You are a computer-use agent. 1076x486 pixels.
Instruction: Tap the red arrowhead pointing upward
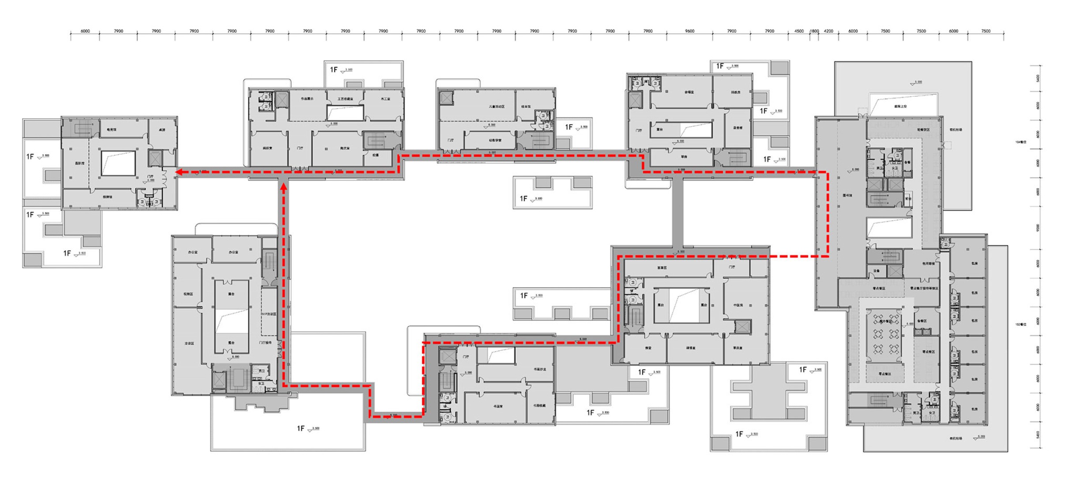tap(284, 187)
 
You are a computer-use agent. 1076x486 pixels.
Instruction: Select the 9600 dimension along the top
tap(689, 31)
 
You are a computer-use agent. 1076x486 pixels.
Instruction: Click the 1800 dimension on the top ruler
tap(814, 31)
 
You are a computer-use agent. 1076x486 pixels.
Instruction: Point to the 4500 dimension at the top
tap(799, 31)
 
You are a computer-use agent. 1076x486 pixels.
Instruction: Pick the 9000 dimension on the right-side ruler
tap(1038, 228)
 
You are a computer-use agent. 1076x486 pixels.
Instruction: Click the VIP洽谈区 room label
tap(269, 314)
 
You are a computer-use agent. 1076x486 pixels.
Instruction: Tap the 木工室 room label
tap(385, 99)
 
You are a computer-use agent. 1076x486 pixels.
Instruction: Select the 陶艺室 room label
tap(345, 148)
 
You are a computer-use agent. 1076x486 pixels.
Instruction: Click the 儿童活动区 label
tap(497, 106)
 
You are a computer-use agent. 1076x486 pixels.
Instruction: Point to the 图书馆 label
tap(847, 195)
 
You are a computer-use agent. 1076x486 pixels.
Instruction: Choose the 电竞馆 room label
tap(112, 130)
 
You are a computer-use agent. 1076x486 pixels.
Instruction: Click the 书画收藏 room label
tap(539, 406)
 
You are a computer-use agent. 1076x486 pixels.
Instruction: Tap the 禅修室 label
tap(691, 348)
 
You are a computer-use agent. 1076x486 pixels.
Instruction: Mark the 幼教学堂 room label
tap(495, 140)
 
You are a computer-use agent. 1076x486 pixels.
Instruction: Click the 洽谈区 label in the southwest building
tap(189, 343)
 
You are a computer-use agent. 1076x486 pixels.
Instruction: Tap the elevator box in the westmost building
tap(155, 158)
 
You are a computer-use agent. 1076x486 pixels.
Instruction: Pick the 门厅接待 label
tap(265, 343)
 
